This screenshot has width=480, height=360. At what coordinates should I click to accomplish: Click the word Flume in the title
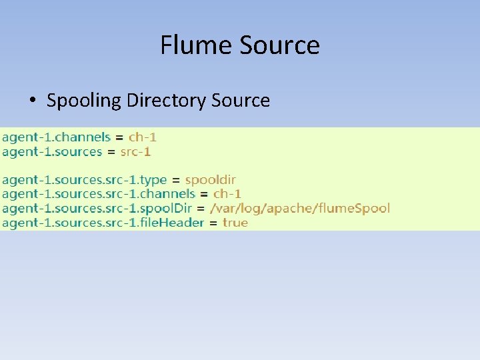[x=196, y=45]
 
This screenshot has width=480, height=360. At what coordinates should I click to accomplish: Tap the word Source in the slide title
[x=279, y=45]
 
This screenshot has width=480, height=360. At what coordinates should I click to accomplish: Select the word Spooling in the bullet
[x=84, y=101]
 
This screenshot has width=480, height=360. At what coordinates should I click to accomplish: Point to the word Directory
[x=166, y=101]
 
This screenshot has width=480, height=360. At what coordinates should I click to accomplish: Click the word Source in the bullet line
[x=241, y=101]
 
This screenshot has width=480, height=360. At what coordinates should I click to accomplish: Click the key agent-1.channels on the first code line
[x=56, y=137]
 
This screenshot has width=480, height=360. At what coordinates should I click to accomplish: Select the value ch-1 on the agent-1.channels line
[x=143, y=137]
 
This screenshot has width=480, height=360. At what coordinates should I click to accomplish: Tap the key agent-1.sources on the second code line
[x=52, y=152]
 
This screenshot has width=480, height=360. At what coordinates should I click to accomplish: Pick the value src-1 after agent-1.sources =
[x=135, y=152]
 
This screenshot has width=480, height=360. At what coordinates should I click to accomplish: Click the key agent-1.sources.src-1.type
[x=84, y=180]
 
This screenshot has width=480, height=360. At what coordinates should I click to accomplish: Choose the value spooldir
[x=210, y=180]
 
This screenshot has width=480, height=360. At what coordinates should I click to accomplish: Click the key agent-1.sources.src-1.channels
[x=99, y=194]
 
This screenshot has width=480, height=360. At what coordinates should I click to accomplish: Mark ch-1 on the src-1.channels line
[x=227, y=194]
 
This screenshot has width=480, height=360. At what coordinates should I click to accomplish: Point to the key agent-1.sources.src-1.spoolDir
[x=97, y=208]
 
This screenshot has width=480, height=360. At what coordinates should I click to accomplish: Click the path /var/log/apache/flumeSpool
[x=299, y=208]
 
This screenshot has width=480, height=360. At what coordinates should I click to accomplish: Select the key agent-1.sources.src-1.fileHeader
[x=103, y=223]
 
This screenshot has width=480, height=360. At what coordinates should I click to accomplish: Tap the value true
[x=235, y=223]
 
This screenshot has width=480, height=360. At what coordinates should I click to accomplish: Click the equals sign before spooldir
[x=176, y=180]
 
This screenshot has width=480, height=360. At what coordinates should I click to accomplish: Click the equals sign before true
[x=213, y=223]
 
